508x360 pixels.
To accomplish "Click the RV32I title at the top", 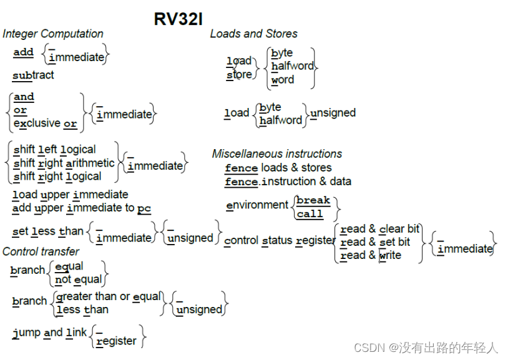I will tap(178, 19).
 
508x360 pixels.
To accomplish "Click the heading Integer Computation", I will tap(53, 34).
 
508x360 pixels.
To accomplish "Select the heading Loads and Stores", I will tap(253, 34).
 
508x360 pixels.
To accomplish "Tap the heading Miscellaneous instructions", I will tap(276, 153).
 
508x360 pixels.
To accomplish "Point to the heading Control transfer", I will tap(41, 251).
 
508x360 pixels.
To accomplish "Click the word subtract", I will tap(33, 75).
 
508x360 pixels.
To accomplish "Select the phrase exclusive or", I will tap(45, 124).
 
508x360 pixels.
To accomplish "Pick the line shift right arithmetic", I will tap(64, 163).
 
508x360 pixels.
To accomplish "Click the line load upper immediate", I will tap(70, 195).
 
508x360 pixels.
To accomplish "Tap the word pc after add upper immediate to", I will tap(144, 208).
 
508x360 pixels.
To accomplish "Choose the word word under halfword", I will tap(283, 80).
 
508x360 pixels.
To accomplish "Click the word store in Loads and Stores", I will tap(239, 75).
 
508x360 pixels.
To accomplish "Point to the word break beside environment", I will tap(313, 200).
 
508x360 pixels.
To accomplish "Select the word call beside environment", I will tap(310, 214).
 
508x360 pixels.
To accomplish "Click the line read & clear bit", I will tap(379, 228).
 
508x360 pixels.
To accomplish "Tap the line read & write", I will tap(371, 255).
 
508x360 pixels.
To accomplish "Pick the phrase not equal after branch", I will tap(78, 280).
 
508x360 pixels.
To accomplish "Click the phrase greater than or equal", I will tap(109, 296).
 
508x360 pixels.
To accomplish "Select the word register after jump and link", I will tap(116, 341).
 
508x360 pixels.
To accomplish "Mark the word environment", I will tap(257, 205).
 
